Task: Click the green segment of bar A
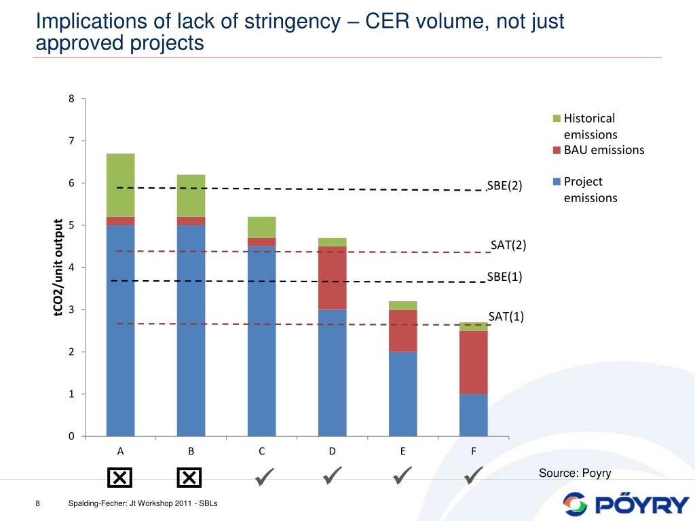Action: [120, 185]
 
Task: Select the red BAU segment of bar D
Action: [332, 278]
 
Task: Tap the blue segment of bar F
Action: [473, 414]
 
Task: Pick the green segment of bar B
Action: [191, 195]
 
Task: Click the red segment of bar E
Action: [402, 330]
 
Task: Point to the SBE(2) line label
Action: [504, 186]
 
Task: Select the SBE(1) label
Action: [504, 277]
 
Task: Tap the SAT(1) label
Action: [506, 316]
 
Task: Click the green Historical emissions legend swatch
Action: [557, 119]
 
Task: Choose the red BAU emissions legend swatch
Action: [557, 150]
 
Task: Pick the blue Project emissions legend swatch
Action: [557, 182]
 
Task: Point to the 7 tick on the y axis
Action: [71, 141]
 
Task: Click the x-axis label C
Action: [261, 451]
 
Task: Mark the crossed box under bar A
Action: [119, 478]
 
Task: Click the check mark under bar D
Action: [332, 476]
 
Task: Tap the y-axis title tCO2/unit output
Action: [58, 268]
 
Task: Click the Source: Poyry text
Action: [575, 473]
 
